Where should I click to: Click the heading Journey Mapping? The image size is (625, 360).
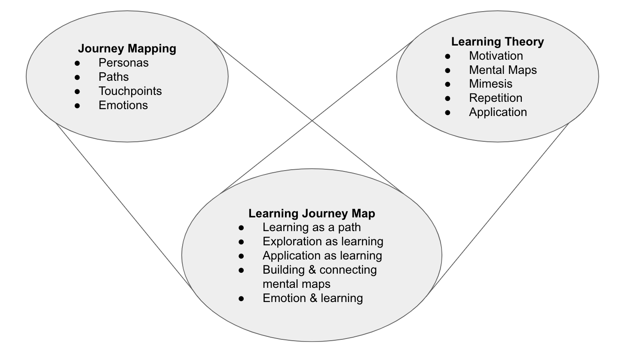click(x=127, y=48)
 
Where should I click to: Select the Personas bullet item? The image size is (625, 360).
click(x=123, y=63)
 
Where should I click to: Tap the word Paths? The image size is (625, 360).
click(x=113, y=77)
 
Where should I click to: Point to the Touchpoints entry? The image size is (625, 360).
click(x=130, y=91)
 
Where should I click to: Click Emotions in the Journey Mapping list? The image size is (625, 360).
click(x=123, y=105)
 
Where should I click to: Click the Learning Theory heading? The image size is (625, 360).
click(x=497, y=42)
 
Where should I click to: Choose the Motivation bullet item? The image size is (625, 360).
click(x=496, y=56)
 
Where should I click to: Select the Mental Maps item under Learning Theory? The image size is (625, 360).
click(x=502, y=70)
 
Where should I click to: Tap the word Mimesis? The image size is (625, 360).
click(x=490, y=84)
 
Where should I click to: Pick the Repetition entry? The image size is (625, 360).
click(x=496, y=98)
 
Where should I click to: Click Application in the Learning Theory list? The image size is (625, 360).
click(x=498, y=112)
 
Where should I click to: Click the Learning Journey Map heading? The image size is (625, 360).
click(x=312, y=214)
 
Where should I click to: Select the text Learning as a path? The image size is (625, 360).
click(x=312, y=227)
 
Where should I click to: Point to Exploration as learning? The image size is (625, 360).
click(x=323, y=241)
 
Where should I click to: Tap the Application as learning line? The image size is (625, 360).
click(x=322, y=256)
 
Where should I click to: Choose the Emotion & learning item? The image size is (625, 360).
click(x=312, y=298)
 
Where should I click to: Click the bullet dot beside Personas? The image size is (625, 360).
click(x=77, y=63)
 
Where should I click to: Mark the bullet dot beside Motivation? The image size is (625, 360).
click(x=448, y=56)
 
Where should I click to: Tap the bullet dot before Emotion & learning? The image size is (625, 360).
click(x=242, y=298)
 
